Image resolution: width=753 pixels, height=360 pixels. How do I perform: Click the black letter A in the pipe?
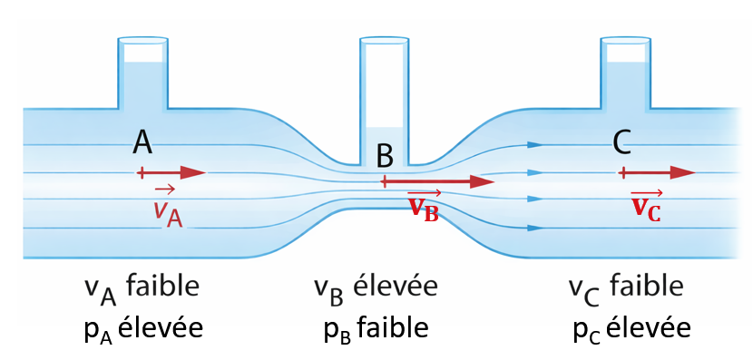tap(142, 142)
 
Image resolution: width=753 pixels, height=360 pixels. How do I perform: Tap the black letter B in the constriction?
tap(385, 155)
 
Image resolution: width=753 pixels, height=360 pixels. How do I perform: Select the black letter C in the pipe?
tap(621, 142)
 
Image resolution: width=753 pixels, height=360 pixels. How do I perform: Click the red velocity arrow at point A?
tap(172, 172)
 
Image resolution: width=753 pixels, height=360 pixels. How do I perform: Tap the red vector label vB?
tap(424, 207)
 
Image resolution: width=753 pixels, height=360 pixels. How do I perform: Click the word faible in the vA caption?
tap(163, 288)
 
